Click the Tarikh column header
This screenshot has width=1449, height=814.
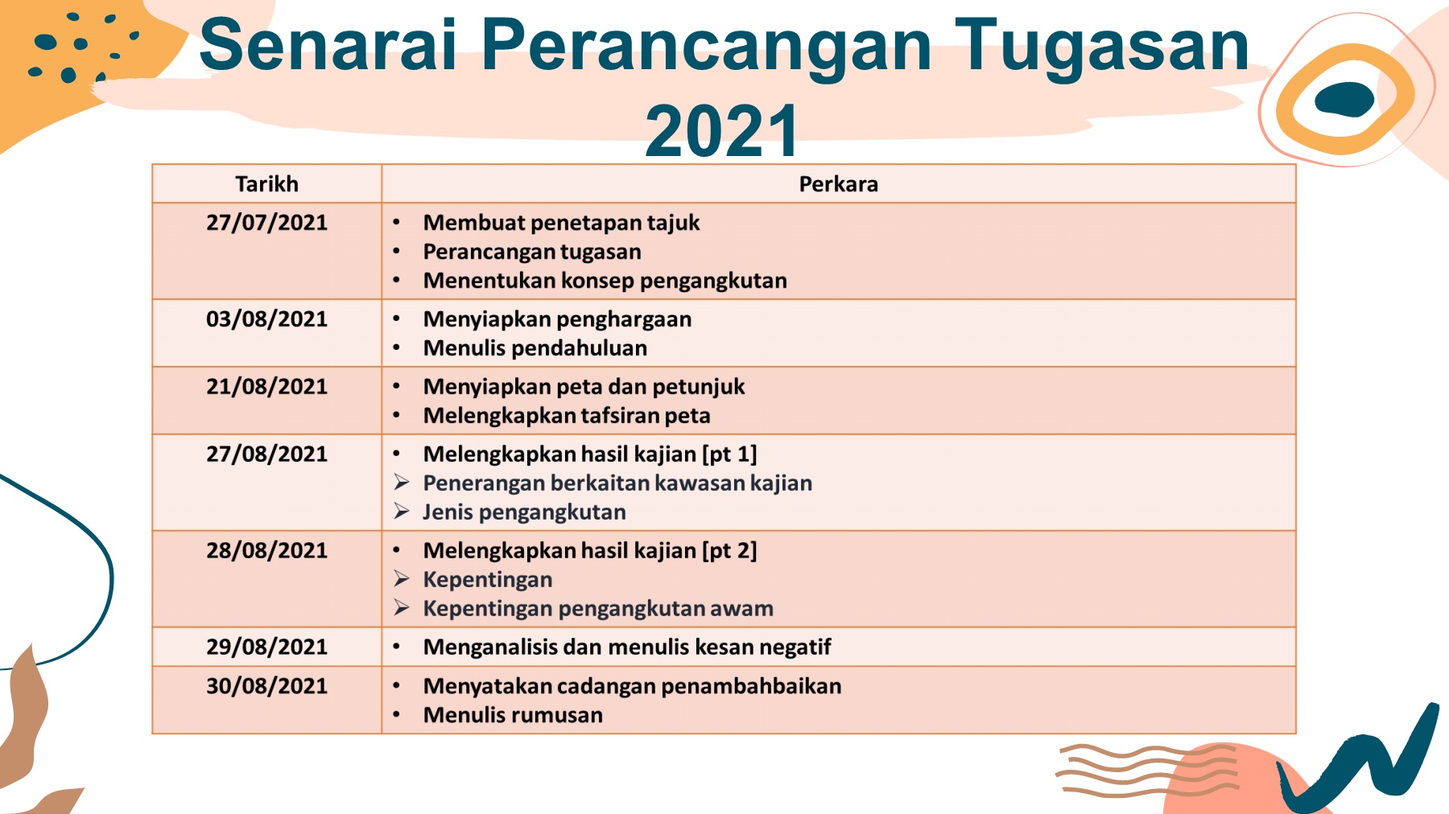click(266, 184)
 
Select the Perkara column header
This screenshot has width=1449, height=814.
click(838, 184)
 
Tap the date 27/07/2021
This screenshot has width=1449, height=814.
click(266, 223)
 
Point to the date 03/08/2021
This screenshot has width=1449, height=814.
click(266, 319)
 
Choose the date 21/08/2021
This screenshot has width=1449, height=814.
click(266, 387)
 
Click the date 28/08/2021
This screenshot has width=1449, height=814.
click(266, 551)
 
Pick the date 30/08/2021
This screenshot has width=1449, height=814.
click(266, 686)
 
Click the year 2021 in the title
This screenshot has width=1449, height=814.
click(722, 130)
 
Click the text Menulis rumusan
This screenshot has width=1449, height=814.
click(513, 715)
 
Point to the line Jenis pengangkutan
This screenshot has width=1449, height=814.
click(524, 512)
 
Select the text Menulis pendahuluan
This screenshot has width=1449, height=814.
click(535, 348)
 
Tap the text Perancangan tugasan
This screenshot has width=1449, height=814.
click(532, 252)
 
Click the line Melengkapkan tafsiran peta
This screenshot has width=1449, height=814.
click(567, 416)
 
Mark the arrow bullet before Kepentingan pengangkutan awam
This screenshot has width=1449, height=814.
click(402, 608)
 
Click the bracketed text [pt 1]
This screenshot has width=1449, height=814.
click(730, 454)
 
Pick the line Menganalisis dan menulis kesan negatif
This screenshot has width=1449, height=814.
click(627, 647)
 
